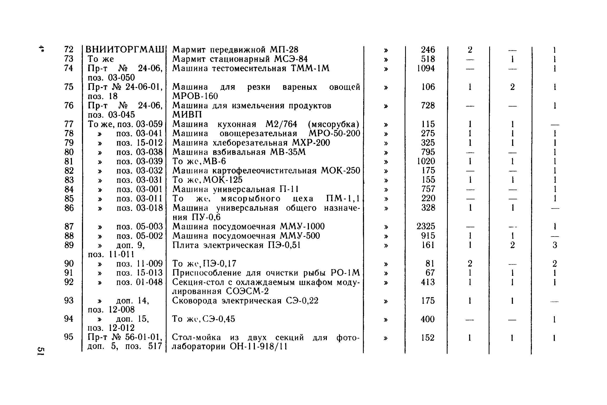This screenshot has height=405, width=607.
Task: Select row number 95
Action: click(x=69, y=337)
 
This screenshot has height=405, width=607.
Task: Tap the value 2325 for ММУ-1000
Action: click(x=426, y=226)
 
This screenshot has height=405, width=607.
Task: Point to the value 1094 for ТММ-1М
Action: click(x=426, y=68)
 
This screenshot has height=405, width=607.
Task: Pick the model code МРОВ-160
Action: click(x=195, y=96)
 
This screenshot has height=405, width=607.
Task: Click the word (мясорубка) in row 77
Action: click(x=334, y=124)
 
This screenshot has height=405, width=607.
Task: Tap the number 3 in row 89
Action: click(x=555, y=245)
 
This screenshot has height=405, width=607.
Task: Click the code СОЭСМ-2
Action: click(x=247, y=291)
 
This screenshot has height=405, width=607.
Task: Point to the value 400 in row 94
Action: click(x=428, y=319)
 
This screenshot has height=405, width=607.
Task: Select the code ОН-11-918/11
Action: click(x=258, y=346)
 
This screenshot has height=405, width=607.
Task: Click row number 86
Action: click(x=69, y=208)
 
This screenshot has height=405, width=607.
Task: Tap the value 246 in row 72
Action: click(x=428, y=50)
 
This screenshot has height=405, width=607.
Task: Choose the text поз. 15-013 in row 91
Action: click(x=139, y=273)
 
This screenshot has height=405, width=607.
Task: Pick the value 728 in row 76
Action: click(x=428, y=105)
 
